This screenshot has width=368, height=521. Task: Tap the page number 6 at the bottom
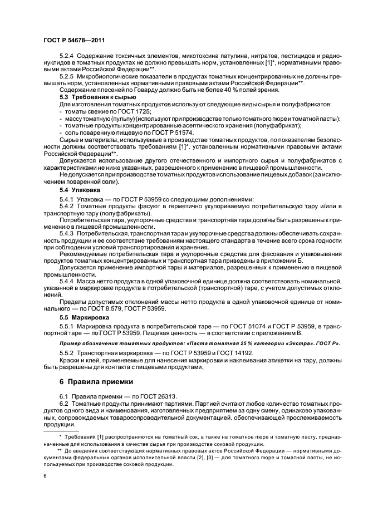pyautogui.click(x=45, y=475)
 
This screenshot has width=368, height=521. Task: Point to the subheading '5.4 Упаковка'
pyautogui.click(x=80, y=190)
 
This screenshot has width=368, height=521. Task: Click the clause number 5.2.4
pyautogui.click(x=67, y=56)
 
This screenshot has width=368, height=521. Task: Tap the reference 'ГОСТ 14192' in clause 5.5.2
pyautogui.click(x=236, y=353)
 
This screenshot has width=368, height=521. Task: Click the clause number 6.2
pyautogui.click(x=63, y=402)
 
